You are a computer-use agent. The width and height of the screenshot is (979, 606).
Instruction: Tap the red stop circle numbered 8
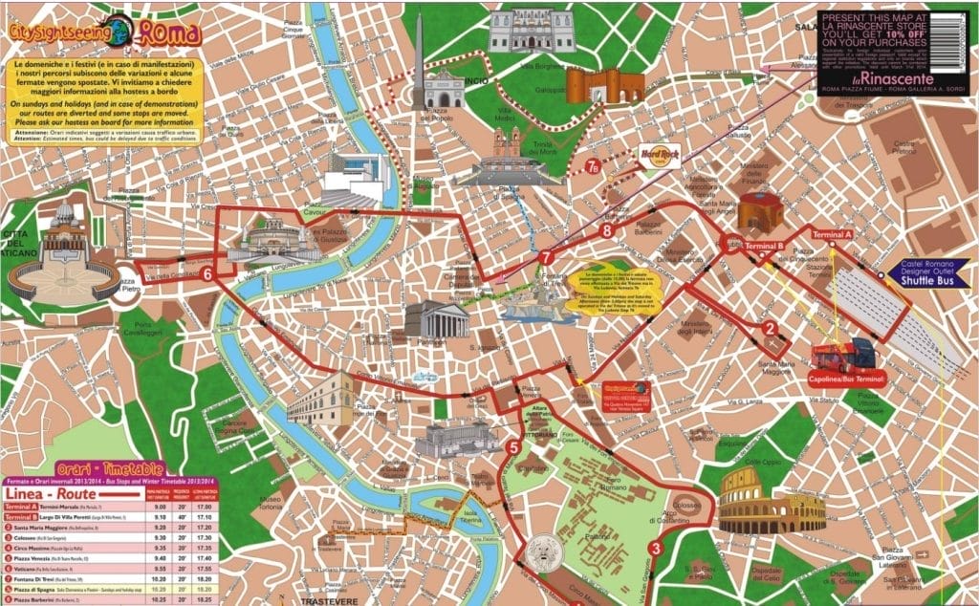[605, 230]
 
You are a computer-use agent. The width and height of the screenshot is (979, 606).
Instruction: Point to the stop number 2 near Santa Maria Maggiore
[770, 331]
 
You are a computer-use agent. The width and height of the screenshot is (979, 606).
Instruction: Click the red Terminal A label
[831, 234]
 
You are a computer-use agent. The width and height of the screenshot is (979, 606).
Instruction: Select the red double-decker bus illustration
[843, 354]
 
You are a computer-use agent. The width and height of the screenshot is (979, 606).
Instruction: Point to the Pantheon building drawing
[436, 320]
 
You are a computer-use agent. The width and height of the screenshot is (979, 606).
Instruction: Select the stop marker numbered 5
[513, 446]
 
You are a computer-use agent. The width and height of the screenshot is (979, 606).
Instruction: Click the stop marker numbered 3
[654, 548]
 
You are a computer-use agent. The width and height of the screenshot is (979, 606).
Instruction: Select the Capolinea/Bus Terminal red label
[844, 379]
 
